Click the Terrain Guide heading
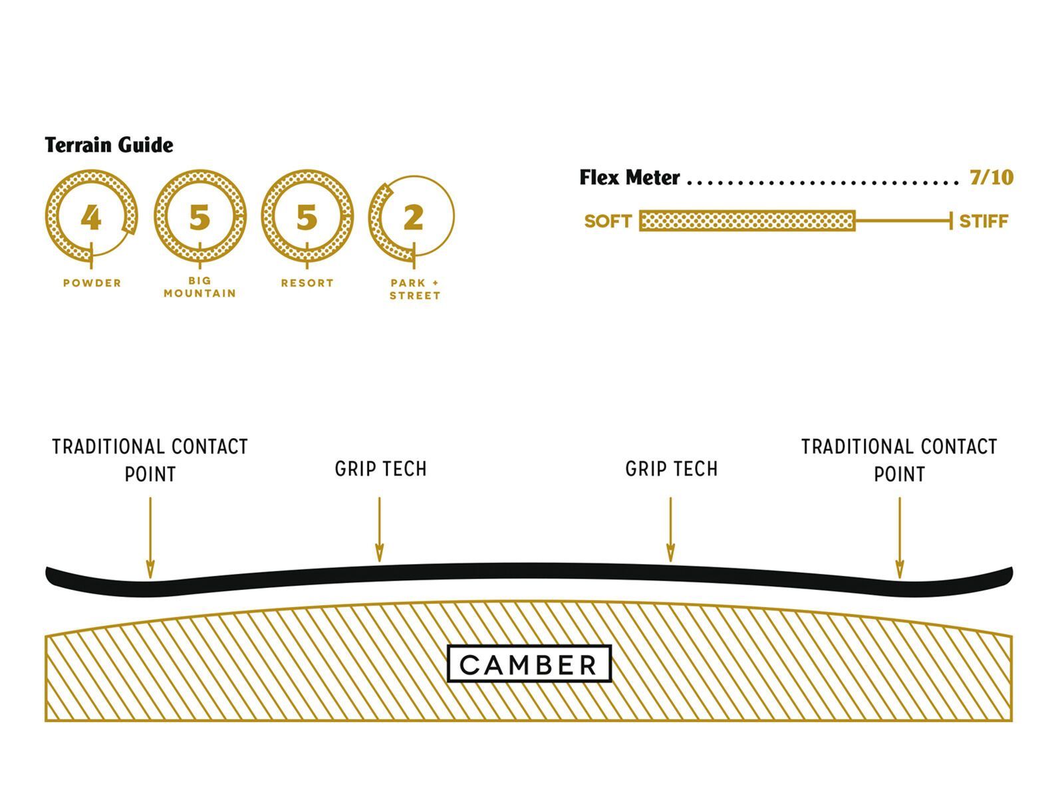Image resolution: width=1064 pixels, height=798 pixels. [109, 145]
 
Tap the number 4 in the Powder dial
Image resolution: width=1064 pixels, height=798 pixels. [91, 217]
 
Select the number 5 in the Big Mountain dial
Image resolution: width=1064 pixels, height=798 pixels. [199, 217]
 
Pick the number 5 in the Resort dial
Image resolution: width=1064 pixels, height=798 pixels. [307, 217]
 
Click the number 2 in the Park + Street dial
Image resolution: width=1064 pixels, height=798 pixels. [414, 217]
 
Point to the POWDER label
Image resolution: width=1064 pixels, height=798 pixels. [92, 283]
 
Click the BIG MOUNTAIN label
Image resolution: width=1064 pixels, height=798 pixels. [199, 287]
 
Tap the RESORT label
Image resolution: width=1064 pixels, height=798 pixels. [307, 283]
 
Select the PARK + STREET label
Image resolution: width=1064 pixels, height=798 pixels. [415, 289]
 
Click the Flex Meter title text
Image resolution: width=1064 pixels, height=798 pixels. [630, 178]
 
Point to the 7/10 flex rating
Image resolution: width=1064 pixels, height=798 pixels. [991, 178]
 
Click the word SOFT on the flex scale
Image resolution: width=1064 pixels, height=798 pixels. [608, 221]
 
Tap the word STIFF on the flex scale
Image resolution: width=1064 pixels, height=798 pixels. [984, 221]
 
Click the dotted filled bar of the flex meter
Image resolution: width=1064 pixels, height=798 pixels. [747, 221]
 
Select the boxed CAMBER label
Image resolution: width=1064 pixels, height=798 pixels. [529, 664]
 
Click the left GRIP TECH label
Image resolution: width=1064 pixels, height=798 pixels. [380, 469]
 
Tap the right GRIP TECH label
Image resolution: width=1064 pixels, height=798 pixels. [672, 469]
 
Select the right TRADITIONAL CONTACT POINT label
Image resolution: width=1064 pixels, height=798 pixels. [899, 460]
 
